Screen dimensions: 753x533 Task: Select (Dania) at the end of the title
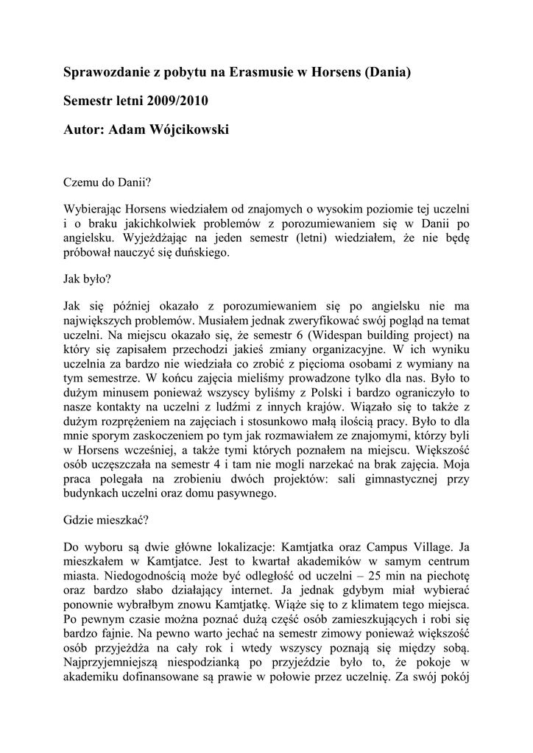[383, 73]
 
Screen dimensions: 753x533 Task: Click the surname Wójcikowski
[169, 129]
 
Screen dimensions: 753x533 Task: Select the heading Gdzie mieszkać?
[107, 520]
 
